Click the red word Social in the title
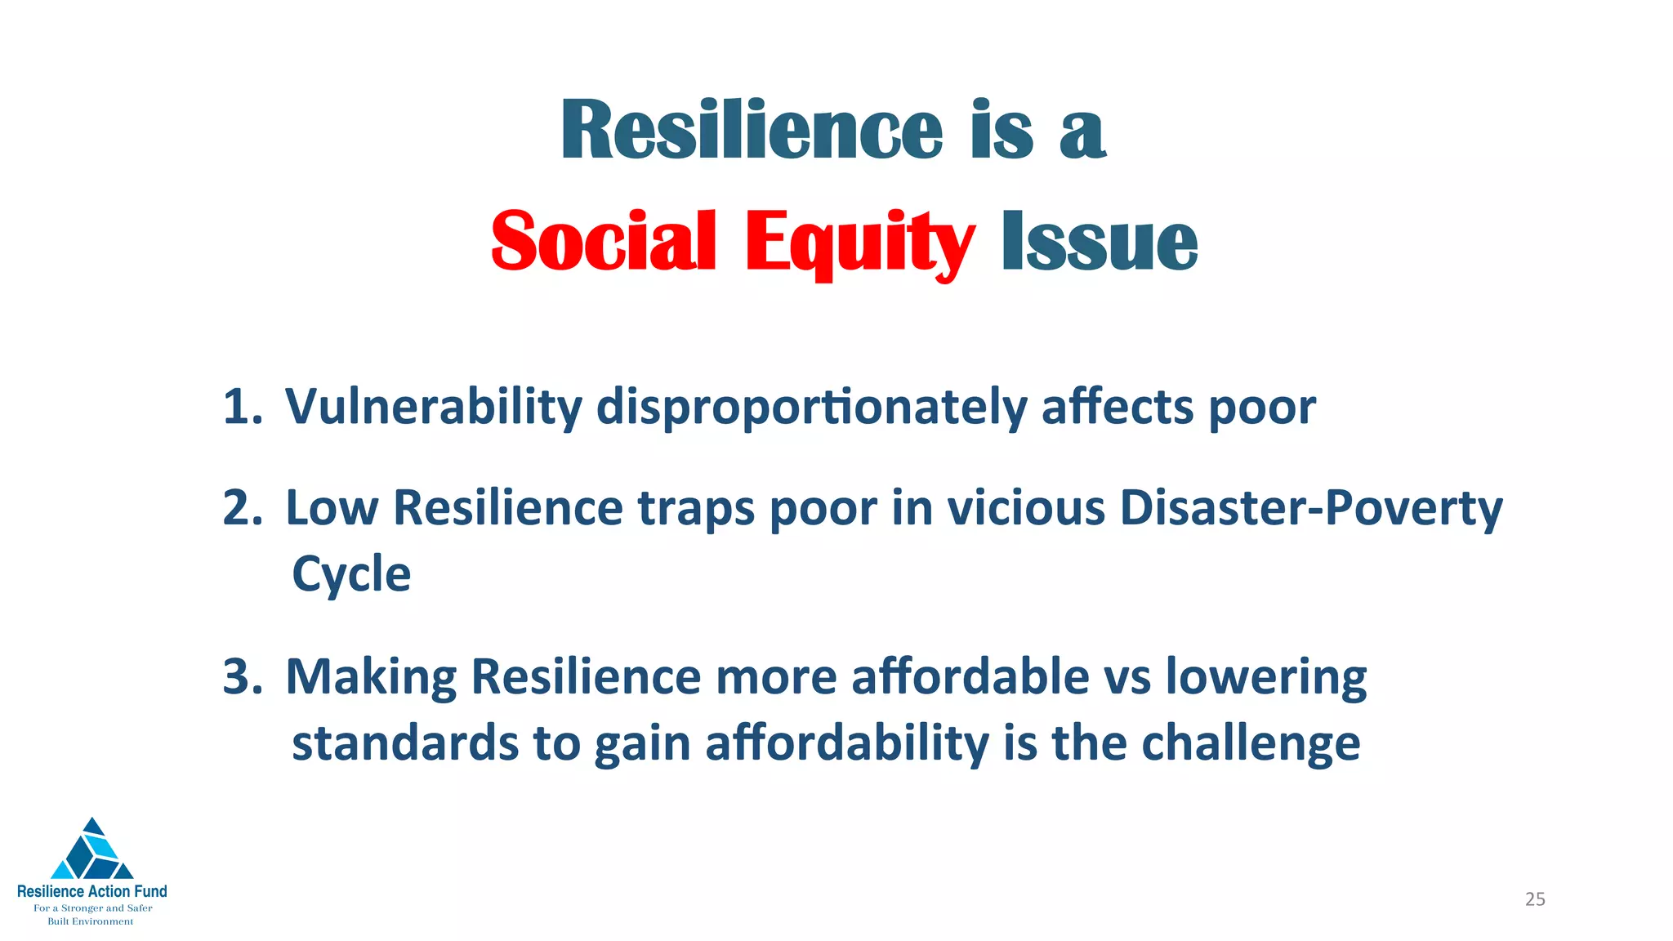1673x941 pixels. (603, 241)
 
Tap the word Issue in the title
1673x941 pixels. (1100, 241)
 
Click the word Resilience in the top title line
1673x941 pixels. (752, 131)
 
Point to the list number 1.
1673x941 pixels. (242, 407)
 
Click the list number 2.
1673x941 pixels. (242, 508)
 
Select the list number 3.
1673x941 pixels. (242, 677)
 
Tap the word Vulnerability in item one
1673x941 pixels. (433, 407)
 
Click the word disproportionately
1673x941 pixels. (810, 407)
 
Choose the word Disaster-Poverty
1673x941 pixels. (1310, 508)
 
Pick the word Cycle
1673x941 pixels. (351, 574)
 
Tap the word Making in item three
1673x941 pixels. (371, 677)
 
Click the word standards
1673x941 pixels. (405, 743)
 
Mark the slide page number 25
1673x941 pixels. (1535, 899)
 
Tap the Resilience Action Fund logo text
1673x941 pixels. (92, 891)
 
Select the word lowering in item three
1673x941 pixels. (1265, 677)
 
